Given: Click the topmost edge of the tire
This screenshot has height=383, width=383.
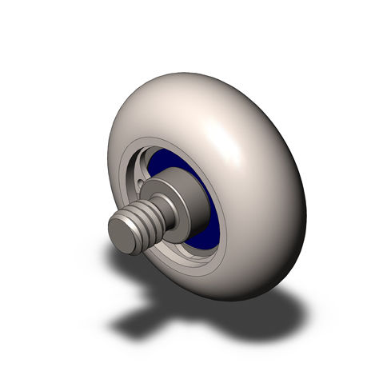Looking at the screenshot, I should click(184, 75).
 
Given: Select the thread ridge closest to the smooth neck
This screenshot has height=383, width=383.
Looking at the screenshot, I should click(156, 209).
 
